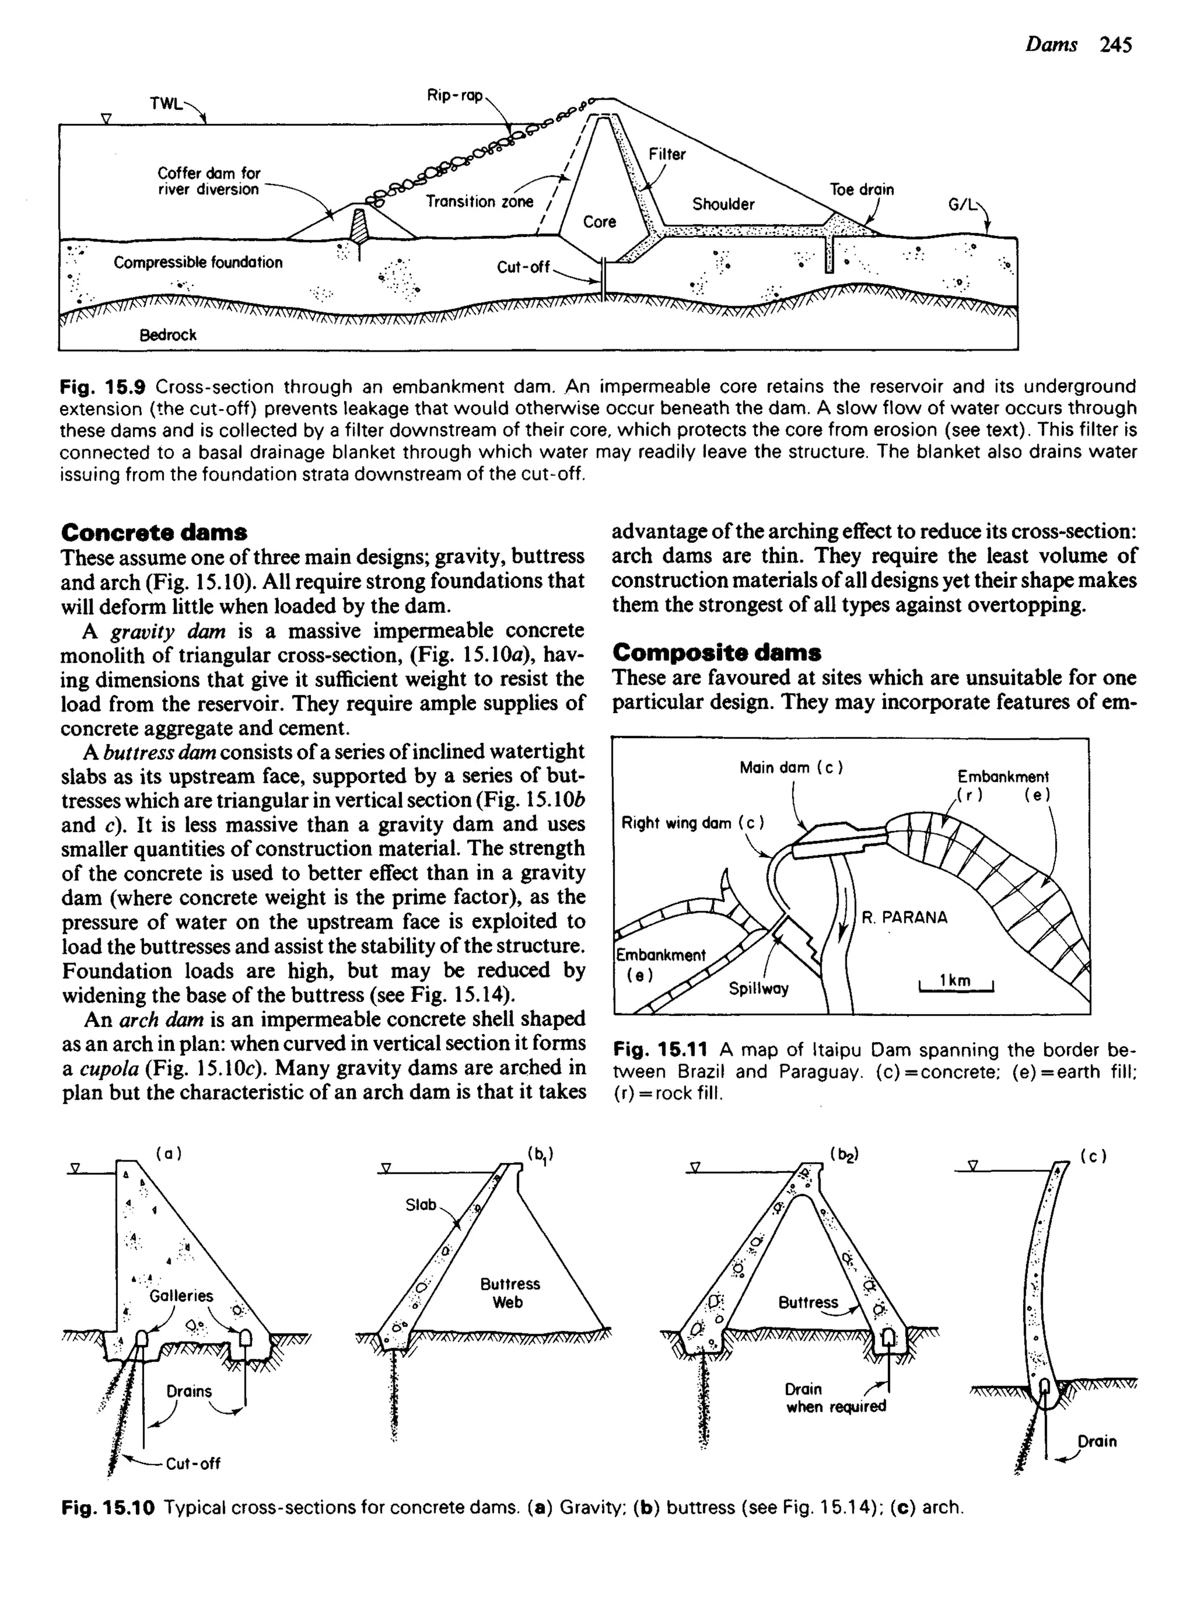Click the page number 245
(1116, 45)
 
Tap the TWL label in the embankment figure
(166, 103)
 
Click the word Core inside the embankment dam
(599, 222)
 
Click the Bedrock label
(168, 335)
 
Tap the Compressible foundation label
(198, 262)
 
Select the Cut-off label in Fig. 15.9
(523, 267)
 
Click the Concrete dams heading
(154, 532)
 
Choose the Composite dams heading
(717, 653)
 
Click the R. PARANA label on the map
(904, 917)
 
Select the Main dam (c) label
(790, 768)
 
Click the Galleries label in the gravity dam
(181, 1296)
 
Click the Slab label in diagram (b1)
(421, 1204)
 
